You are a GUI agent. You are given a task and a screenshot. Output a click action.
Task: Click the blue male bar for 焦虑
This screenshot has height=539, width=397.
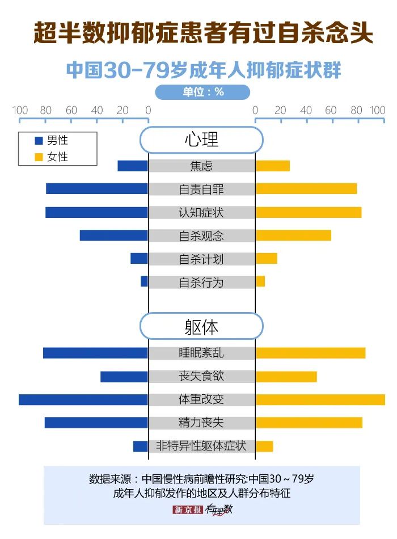pos(133,166)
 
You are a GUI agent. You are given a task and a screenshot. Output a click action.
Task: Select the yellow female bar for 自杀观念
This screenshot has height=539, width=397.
pos(293,235)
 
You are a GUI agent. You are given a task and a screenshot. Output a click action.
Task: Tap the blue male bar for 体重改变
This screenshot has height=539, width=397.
pos(83,399)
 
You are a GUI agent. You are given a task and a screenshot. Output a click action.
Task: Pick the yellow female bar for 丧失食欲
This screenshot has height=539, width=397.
pos(286,376)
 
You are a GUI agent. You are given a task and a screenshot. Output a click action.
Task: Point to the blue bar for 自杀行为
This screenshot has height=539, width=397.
pos(144,281)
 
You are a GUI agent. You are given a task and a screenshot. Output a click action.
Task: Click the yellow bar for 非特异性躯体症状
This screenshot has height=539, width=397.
pos(264,446)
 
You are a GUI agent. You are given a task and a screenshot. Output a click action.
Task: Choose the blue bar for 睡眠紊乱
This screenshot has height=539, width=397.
pos(95,353)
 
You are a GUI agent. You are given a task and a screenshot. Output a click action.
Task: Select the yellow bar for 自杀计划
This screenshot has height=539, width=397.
pos(267,259)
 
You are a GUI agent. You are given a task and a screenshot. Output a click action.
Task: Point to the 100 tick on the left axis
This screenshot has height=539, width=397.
pos(20,111)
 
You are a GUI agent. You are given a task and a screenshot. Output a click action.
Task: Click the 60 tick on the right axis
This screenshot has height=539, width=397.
pos(331,111)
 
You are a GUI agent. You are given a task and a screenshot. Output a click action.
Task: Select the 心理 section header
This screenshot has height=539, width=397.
pos(201,140)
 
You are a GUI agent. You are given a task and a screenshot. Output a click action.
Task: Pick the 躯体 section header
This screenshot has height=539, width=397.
pos(201,326)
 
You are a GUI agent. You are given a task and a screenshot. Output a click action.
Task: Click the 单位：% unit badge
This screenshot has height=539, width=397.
pos(202,92)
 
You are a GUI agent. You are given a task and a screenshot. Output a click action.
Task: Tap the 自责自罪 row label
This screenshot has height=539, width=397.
pos(201,189)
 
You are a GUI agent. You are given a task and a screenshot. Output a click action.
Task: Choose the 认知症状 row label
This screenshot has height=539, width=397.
pos(201,212)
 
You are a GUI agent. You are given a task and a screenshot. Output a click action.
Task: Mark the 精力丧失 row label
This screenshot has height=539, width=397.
pos(201,423)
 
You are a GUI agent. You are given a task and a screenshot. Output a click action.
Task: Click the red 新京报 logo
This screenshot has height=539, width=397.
pos(187,509)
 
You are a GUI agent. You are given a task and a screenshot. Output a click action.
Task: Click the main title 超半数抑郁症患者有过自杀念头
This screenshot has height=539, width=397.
pos(202,33)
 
